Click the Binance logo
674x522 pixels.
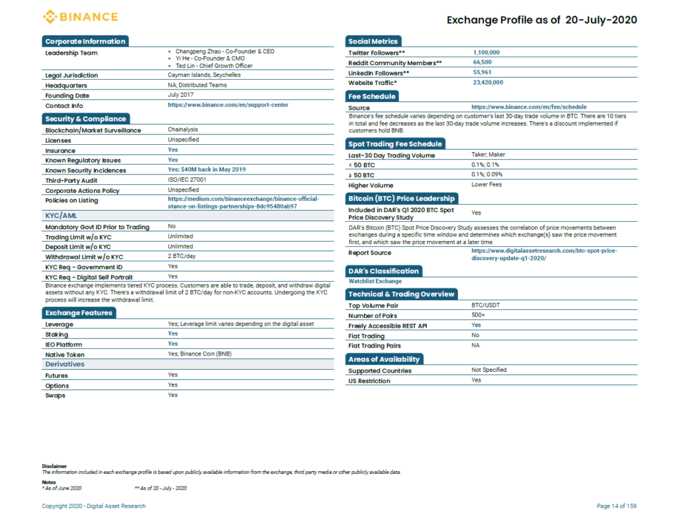(80, 16)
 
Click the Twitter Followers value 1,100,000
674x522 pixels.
(486, 53)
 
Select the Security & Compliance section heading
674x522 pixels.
(86, 118)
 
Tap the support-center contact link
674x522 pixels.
(228, 105)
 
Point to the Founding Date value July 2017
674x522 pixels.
(180, 95)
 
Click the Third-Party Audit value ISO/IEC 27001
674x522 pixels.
(187, 180)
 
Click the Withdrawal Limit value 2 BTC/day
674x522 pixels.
(182, 256)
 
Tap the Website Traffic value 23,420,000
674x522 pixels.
(488, 82)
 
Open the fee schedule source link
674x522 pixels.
(529, 107)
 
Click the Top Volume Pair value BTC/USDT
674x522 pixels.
(485, 305)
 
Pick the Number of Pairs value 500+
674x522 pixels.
(478, 315)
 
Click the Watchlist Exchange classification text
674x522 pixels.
(375, 281)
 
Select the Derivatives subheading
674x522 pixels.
(65, 364)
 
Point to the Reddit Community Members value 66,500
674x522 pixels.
(482, 63)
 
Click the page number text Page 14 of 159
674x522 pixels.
(616, 506)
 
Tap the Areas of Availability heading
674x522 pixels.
(384, 359)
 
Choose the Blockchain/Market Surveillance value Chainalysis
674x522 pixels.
(183, 130)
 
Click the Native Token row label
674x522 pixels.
(65, 355)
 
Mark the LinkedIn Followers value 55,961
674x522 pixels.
(482, 72)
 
